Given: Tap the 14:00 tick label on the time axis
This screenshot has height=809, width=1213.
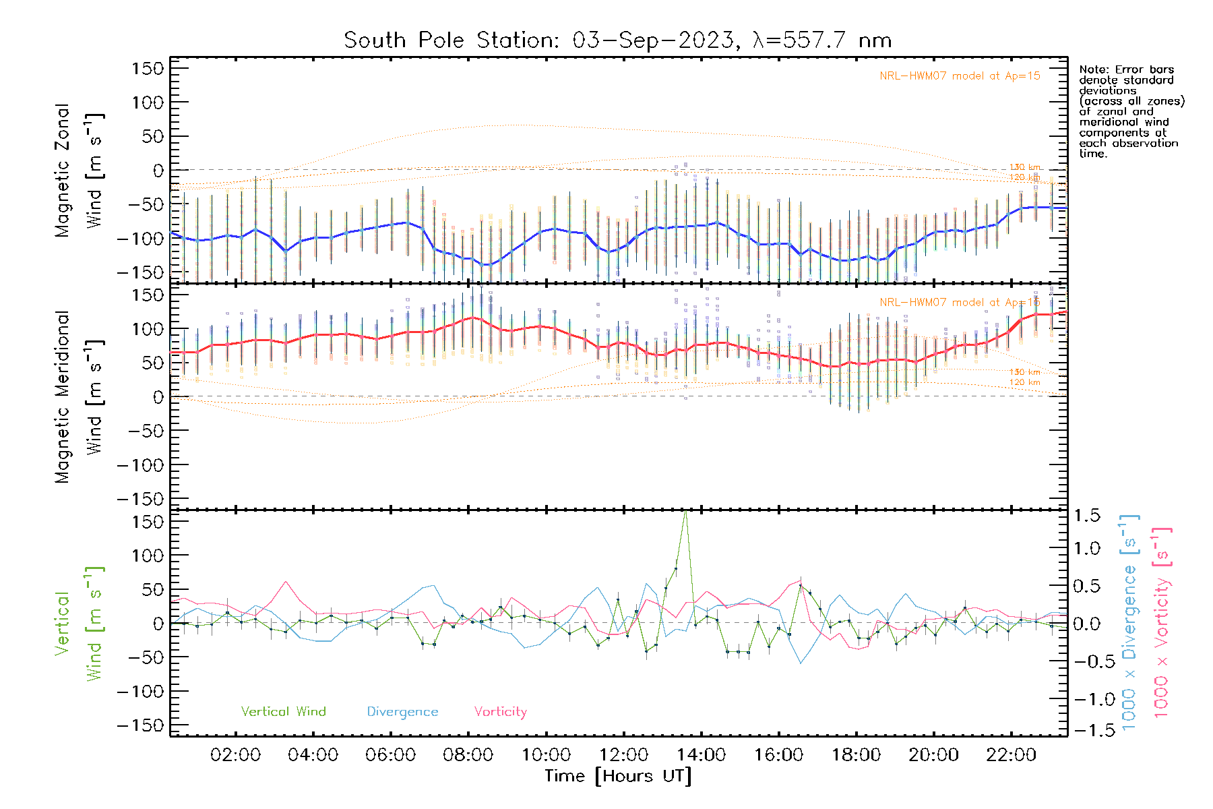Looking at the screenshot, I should point(702,755).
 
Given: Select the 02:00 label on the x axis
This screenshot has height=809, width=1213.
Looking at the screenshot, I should point(235,755).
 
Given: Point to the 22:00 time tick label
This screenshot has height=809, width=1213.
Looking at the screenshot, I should point(1011,755).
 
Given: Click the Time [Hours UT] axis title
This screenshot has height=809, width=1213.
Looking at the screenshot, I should point(618,776).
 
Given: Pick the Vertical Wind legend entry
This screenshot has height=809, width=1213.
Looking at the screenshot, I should point(283,712).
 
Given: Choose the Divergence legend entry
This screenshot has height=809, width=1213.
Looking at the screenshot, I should point(402,712).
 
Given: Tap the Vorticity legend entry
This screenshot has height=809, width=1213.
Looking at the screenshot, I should point(500,712).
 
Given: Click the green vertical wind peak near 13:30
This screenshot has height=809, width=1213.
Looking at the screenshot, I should point(685,512).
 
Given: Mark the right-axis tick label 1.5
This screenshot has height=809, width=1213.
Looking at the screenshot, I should point(1086,516).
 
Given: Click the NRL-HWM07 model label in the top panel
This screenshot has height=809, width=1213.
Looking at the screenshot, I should point(960,76).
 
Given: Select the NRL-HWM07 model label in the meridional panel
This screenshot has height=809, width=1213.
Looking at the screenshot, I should point(960,303).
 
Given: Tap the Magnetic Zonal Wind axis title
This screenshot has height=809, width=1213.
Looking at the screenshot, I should point(79,171).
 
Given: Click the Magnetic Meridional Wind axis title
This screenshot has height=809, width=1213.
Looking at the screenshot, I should point(79,397).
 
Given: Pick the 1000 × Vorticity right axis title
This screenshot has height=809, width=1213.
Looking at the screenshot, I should point(1162,622).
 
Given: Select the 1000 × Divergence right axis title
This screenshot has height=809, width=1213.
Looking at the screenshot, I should point(1129,622).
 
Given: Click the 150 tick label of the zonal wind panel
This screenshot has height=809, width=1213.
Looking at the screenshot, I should point(148,69).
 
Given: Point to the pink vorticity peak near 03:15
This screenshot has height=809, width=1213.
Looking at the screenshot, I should point(286,582).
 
